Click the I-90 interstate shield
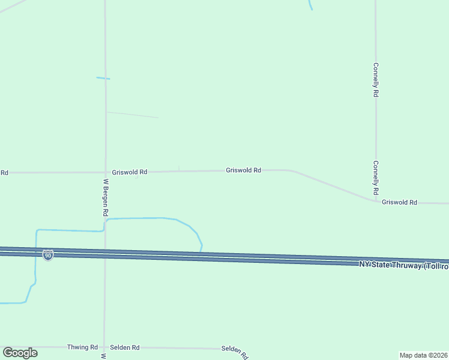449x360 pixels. (x=48, y=256)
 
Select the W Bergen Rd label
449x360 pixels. (x=106, y=197)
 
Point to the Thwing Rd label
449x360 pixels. (x=82, y=347)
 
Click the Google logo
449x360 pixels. (x=20, y=353)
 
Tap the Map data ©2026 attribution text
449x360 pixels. (x=424, y=355)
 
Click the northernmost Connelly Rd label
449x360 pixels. (x=376, y=80)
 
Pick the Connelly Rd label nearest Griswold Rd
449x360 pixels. (x=376, y=177)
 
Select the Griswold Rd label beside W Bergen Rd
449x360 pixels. (x=130, y=172)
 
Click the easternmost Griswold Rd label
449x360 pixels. (x=399, y=203)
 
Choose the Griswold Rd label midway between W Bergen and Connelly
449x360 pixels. (x=243, y=170)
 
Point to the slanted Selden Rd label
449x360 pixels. (x=234, y=352)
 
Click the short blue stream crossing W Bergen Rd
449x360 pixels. (x=103, y=78)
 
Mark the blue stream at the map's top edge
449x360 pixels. (x=310, y=5)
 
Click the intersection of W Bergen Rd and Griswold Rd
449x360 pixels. (x=105, y=172)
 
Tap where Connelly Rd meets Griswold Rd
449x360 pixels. (x=376, y=200)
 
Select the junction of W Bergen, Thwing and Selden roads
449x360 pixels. (x=104, y=347)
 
